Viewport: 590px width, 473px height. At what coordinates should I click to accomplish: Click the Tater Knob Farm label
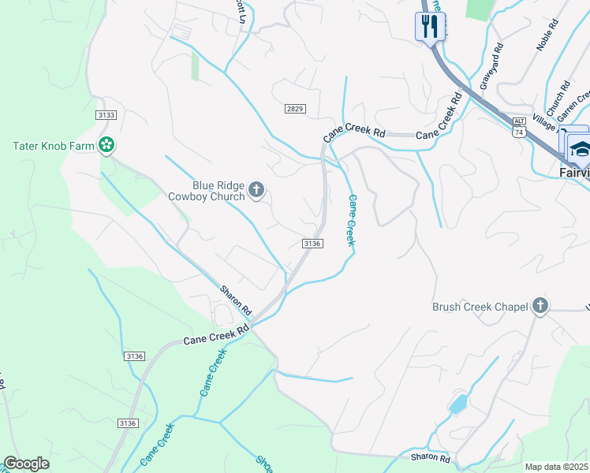point(53,146)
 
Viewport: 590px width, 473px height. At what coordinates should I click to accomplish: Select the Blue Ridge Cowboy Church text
point(207,191)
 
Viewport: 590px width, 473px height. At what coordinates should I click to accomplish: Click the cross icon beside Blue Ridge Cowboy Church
point(256,189)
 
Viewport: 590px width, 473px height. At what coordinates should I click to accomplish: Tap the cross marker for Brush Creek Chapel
point(540,306)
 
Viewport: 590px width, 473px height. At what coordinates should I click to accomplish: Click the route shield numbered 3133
point(105,115)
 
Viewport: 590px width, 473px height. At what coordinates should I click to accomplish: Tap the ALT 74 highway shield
point(518,130)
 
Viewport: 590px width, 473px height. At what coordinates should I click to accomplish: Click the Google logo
point(26,464)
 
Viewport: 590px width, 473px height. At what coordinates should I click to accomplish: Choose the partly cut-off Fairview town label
point(574,171)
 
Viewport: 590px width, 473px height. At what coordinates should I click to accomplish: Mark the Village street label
point(543,121)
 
